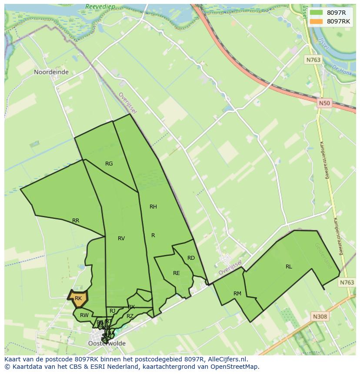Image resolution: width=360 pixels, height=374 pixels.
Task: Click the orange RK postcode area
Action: [78, 298]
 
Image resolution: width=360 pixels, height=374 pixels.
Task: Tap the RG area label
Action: [109, 164]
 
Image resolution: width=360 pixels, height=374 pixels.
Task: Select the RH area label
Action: [153, 207]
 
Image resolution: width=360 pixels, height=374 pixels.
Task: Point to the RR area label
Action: [76, 221]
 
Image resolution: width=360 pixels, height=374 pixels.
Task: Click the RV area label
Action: [121, 238]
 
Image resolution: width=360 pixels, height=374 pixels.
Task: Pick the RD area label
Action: [191, 258]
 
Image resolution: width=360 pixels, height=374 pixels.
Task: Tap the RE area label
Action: [176, 273]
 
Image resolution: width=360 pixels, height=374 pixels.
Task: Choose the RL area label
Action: [289, 267]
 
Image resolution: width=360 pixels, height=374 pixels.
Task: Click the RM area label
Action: [237, 294]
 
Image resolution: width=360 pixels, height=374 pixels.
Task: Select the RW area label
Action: [84, 315]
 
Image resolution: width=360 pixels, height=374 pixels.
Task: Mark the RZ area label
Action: [130, 316]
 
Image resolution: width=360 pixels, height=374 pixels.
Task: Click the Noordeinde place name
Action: [51, 72]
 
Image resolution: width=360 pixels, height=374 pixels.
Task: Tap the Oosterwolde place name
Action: [107, 343]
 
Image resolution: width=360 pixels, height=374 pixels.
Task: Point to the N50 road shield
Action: [324, 103]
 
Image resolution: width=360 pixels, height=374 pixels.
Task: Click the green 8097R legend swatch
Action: [316, 13]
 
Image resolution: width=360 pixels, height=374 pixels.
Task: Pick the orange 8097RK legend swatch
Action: [316, 21]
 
